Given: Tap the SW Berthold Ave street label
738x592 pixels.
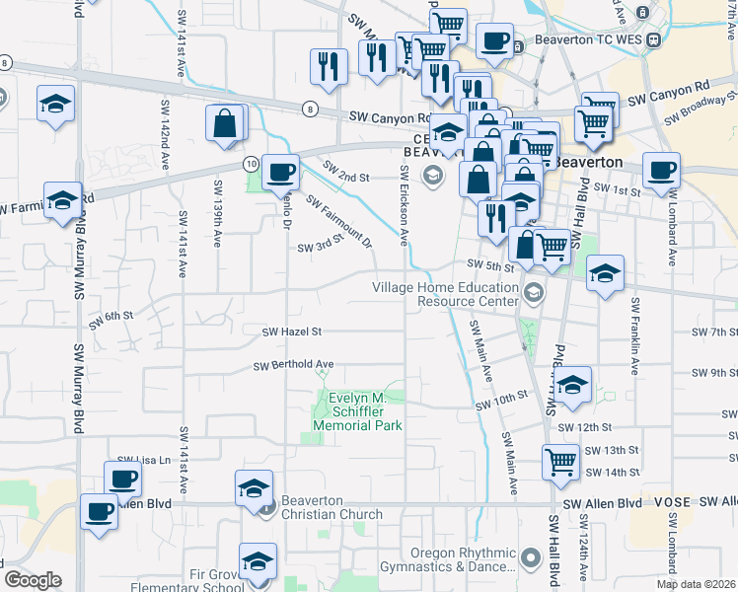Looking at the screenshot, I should click(293, 365).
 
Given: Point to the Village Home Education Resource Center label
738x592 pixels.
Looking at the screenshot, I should click(445, 293).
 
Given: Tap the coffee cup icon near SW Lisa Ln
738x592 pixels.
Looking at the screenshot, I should click(122, 480).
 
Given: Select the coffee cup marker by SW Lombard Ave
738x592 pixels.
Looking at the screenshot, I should click(660, 170).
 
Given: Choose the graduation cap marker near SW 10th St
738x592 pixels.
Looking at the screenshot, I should click(572, 386).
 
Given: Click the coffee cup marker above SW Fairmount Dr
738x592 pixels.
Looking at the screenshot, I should click(279, 171).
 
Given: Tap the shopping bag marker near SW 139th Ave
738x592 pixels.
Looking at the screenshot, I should click(224, 123).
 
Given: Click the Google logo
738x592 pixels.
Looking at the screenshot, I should click(33, 580).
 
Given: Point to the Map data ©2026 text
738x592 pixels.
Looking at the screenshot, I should click(697, 584).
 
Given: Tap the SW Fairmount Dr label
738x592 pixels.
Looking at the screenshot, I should click(338, 221).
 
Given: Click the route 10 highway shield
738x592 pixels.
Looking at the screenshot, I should click(253, 162).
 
